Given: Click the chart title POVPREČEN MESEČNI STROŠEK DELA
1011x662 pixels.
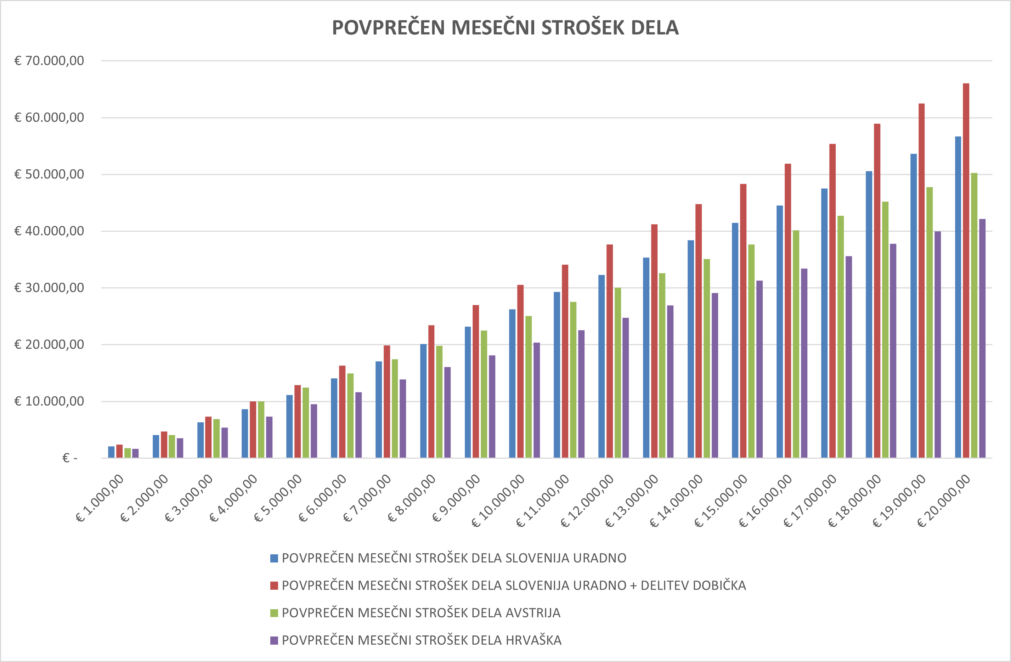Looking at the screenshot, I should [x=505, y=28].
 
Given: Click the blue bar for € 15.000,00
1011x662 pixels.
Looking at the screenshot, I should [x=735, y=340].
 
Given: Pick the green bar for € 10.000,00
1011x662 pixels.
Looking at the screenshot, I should [x=529, y=387].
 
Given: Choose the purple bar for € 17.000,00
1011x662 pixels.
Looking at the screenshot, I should [x=849, y=357].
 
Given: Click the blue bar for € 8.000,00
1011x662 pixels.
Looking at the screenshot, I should [x=423, y=401].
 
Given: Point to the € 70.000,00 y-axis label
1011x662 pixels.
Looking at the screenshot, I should [x=49, y=61].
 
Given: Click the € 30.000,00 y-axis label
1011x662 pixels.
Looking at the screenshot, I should [x=49, y=288].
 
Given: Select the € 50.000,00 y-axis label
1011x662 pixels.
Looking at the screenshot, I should [x=49, y=174].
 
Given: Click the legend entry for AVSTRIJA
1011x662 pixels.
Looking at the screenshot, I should [x=420, y=613].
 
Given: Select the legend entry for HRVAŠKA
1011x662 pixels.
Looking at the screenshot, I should [x=422, y=640].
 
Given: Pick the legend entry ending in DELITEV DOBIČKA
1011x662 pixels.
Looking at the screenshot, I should [x=514, y=585].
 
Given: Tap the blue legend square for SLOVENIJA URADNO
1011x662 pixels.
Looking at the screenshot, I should [x=274, y=558].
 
